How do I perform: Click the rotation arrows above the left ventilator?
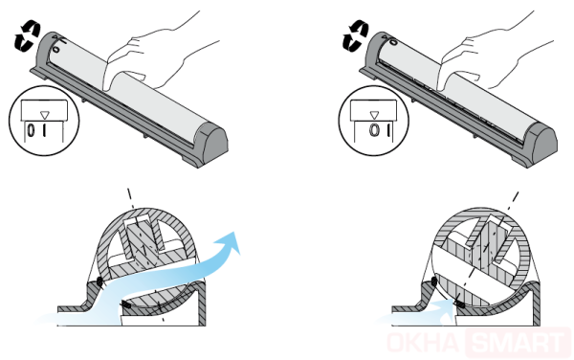tap(27, 35)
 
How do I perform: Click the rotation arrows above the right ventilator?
tap(355, 35)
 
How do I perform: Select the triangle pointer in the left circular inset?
tap(44, 115)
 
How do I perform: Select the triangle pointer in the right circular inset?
tap(374, 115)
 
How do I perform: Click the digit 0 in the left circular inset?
tap(32, 131)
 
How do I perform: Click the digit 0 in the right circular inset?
tap(374, 130)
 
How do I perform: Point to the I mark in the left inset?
tap(44, 131)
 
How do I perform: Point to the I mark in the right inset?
tap(387, 130)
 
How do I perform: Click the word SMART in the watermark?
tap(517, 343)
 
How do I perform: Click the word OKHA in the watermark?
tap(424, 343)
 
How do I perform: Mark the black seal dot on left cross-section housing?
tap(99, 281)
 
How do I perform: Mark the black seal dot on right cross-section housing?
tap(434, 281)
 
